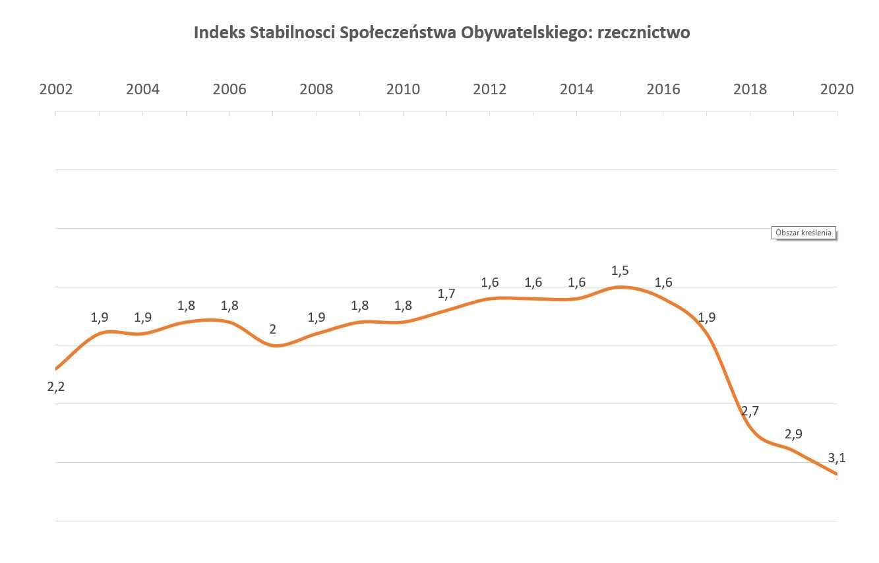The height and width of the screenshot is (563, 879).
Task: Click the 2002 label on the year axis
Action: (x=56, y=89)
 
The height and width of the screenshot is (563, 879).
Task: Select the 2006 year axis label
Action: (x=229, y=89)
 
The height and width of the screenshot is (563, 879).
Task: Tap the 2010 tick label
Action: (x=403, y=89)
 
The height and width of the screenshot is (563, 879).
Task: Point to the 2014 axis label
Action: (x=576, y=89)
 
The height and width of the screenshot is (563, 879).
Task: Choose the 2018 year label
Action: (x=750, y=89)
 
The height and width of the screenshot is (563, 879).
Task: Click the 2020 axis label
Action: (x=836, y=89)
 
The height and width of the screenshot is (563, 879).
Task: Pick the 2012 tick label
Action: (x=490, y=89)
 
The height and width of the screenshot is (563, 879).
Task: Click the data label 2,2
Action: (x=56, y=387)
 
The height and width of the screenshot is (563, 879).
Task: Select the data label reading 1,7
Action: (x=446, y=294)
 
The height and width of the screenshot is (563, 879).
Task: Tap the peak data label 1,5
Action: (x=620, y=270)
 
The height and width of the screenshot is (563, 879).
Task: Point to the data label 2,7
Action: (x=750, y=411)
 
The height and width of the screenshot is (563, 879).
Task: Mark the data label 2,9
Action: (x=793, y=434)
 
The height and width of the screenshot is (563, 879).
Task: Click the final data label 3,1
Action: (x=836, y=458)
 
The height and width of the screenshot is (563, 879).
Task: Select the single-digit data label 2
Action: (x=273, y=329)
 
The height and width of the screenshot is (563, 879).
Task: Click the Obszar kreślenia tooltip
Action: (x=804, y=233)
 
